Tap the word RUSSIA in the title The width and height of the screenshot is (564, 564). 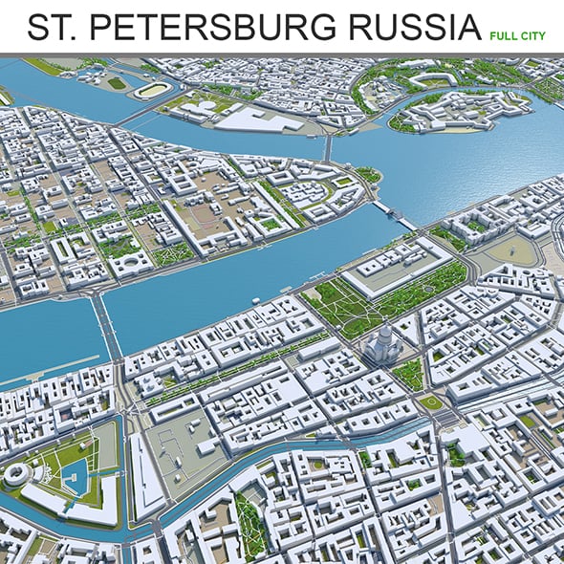(409, 27)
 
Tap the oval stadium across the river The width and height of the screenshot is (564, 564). (152, 91)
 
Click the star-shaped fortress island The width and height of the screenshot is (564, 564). (449, 112)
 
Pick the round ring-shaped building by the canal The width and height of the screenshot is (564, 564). (18, 474)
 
